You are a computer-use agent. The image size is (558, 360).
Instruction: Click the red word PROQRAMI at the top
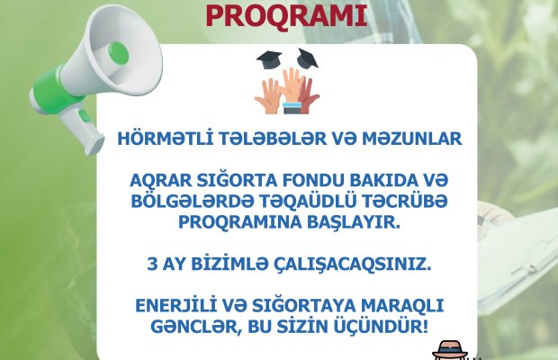point(286,15)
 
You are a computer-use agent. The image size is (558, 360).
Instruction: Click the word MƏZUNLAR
point(411,139)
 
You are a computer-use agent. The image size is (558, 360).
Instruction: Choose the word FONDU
point(312,180)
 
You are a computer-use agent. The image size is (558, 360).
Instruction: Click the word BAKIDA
point(381,180)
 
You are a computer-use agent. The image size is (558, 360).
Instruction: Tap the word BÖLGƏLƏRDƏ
point(193,201)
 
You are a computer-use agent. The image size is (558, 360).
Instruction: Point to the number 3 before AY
point(152,265)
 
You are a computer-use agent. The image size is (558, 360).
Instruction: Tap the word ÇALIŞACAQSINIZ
point(352,265)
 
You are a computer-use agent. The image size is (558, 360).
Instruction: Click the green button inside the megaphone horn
point(119,53)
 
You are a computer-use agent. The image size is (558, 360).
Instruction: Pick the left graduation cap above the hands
point(269,59)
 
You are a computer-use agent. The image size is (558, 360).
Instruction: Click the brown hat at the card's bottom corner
point(449,350)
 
